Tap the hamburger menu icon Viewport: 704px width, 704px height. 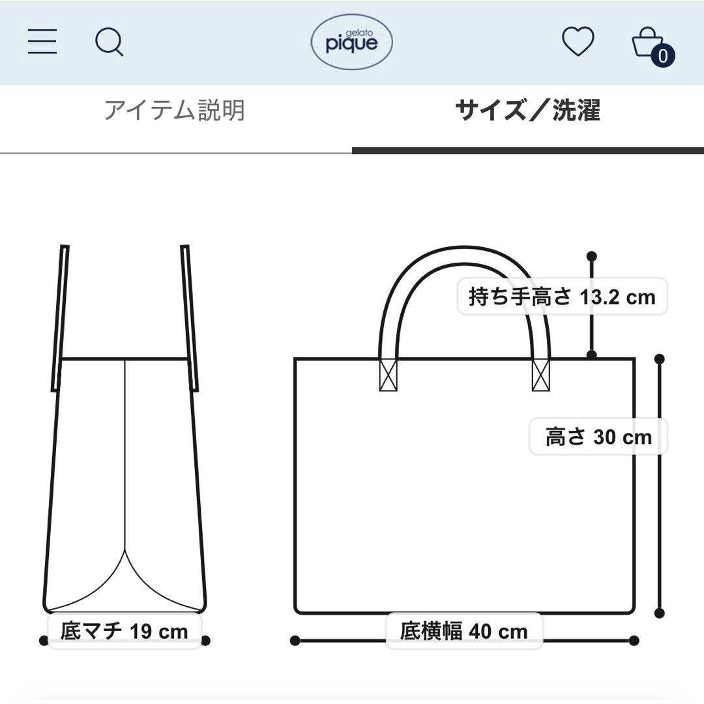pos(42,42)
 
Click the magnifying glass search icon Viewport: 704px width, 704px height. pos(109,43)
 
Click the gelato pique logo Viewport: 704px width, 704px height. pos(351,42)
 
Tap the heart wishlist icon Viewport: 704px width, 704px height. pos(578,42)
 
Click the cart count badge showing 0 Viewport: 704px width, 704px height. pos(663,56)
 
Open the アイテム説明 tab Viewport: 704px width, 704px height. pos(175,111)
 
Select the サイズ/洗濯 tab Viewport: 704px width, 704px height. pos(527,111)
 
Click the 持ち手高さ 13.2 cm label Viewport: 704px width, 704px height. pos(562,297)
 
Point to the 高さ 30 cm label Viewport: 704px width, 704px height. pos(598,436)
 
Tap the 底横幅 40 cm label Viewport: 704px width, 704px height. pos(463,631)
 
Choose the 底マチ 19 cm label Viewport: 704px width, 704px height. pos(124,631)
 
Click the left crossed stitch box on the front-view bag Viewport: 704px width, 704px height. pos(388,375)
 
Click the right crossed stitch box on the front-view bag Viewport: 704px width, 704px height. pos(541,375)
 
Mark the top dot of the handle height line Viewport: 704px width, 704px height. pos(592,256)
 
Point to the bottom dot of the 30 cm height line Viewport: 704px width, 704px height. pos(659,613)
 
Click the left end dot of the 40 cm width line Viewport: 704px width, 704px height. pos(295,641)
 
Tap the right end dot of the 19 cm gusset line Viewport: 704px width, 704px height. pos(205,641)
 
